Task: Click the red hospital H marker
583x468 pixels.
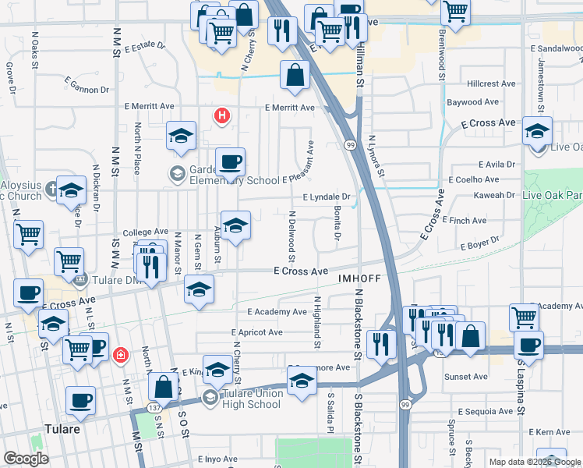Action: click(x=222, y=116)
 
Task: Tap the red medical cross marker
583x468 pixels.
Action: click(x=120, y=356)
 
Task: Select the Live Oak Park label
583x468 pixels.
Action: click(x=553, y=195)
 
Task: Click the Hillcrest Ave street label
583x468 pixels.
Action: click(x=492, y=83)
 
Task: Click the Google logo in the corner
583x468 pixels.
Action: click(x=26, y=459)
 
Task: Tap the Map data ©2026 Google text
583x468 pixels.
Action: click(x=535, y=462)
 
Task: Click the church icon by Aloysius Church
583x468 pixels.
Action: click(x=52, y=187)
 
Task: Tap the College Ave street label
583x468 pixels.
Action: click(x=145, y=232)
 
